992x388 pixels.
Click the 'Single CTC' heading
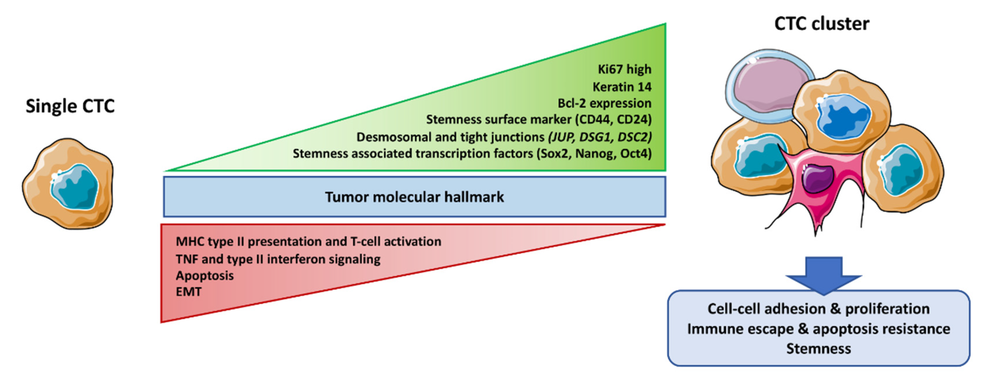click(70, 106)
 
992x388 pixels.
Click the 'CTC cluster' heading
click(822, 24)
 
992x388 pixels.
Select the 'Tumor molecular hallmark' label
click(414, 197)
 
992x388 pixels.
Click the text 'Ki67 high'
click(624, 69)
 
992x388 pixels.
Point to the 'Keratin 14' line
click(622, 87)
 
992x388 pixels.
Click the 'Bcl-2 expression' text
click(604, 103)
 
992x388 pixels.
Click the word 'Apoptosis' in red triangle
click(205, 275)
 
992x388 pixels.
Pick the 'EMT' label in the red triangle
click(188, 292)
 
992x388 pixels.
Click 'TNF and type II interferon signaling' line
click(278, 259)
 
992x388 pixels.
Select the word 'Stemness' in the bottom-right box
click(818, 349)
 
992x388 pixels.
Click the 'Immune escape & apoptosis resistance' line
click(818, 329)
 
